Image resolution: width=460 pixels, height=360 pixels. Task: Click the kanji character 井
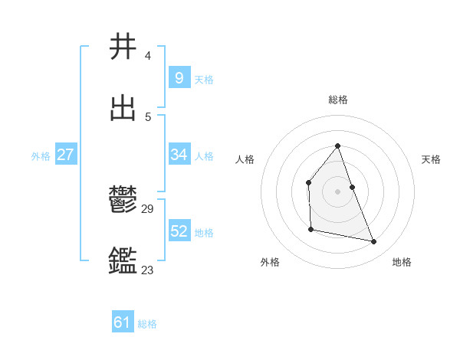[x=123, y=47]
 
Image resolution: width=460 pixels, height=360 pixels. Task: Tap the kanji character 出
[x=123, y=108]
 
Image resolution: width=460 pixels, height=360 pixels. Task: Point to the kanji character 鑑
[x=123, y=261]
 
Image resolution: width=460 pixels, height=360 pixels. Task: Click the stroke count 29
[x=148, y=208]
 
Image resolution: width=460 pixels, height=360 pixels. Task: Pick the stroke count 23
[x=148, y=270]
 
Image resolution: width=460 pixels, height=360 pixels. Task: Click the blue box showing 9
[x=179, y=77]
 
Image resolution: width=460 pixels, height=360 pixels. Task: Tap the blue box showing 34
[x=179, y=155]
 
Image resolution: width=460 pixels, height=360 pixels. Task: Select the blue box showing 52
[x=179, y=231]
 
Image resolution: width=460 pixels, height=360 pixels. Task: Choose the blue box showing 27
[x=65, y=155]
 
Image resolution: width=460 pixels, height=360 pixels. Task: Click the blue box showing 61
[x=122, y=322]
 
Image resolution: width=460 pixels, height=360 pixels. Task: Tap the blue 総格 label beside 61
[x=147, y=324]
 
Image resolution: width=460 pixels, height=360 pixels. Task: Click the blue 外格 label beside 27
[x=41, y=156]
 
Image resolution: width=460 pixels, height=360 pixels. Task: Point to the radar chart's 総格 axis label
[x=338, y=100]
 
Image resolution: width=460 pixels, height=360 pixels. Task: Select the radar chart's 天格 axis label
[x=432, y=159]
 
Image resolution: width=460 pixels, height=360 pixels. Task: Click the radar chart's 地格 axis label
[x=402, y=262]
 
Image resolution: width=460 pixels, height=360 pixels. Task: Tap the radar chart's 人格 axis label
[x=245, y=159]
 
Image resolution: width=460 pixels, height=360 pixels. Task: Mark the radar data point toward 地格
[x=374, y=241]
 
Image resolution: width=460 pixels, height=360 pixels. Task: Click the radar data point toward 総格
[x=337, y=146]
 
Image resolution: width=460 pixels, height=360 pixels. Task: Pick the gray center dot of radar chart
[x=337, y=191]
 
